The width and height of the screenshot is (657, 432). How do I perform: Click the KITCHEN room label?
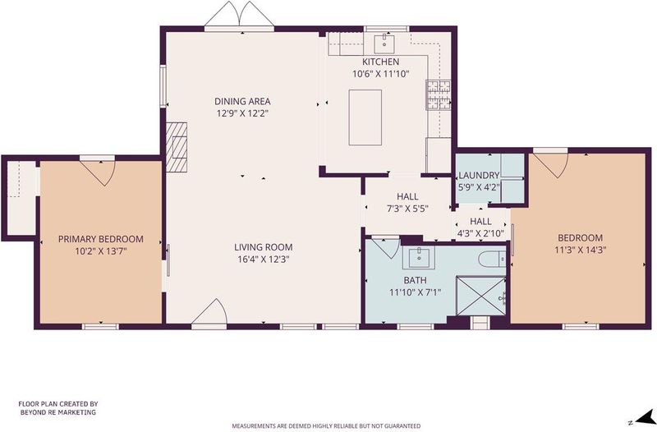[x=380, y=62]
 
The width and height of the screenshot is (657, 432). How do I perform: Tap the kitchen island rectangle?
[x=365, y=117]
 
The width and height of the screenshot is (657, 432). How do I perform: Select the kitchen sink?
[x=384, y=44]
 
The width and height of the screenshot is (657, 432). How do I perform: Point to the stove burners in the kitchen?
[x=439, y=94]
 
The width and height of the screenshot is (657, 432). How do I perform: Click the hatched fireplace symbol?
[x=177, y=147]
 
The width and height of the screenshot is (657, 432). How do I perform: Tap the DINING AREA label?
[x=242, y=101]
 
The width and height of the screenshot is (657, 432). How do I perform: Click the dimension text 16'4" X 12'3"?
[x=264, y=260]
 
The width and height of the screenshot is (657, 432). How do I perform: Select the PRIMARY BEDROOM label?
[x=100, y=239]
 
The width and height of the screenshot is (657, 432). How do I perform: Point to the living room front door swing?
[x=209, y=311]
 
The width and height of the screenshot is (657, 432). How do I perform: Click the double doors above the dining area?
[x=239, y=14]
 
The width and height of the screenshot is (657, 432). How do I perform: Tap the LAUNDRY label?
[x=479, y=175]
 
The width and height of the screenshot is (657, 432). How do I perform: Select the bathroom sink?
[x=419, y=257]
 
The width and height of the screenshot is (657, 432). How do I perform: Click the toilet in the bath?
[x=492, y=260]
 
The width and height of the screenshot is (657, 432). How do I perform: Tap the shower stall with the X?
[x=480, y=296]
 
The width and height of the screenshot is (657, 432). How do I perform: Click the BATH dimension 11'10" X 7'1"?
[x=416, y=292]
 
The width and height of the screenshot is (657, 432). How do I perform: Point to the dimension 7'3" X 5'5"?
[x=407, y=209]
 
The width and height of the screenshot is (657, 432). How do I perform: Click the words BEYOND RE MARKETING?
[x=58, y=412]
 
